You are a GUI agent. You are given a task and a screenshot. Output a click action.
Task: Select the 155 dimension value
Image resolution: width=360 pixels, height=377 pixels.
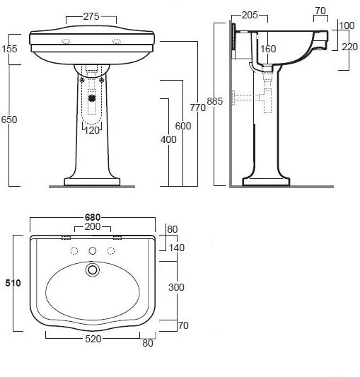(x=10, y=50)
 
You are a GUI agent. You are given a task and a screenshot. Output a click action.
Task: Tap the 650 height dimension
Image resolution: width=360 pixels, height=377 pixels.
(x=9, y=120)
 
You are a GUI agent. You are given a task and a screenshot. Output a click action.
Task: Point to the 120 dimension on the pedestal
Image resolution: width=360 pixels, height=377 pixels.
(x=92, y=130)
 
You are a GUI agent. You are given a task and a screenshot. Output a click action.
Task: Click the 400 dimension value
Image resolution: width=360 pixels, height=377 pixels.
(x=168, y=139)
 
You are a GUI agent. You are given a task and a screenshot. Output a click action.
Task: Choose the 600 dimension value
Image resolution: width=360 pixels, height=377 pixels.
(x=183, y=125)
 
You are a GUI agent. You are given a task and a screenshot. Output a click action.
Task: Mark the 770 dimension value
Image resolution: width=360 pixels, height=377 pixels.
(x=198, y=108)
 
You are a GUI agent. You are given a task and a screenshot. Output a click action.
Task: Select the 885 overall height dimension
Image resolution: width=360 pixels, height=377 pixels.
(x=216, y=101)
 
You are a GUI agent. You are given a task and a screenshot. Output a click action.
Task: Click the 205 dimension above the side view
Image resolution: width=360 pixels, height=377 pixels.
(x=249, y=14)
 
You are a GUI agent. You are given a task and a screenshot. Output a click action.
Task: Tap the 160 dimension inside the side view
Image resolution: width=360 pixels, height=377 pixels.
(x=267, y=50)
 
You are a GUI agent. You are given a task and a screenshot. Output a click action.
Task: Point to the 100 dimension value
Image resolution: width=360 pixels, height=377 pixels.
(x=347, y=26)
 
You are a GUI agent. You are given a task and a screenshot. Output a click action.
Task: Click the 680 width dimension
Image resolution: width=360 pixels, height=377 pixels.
(x=93, y=216)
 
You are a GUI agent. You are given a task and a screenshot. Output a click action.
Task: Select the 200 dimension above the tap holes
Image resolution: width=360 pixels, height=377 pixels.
(x=92, y=228)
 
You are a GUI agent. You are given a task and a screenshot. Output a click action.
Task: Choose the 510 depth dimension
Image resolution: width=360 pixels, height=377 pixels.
(x=13, y=282)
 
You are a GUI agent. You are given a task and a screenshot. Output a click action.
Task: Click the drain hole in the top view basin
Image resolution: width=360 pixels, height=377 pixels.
(x=91, y=269)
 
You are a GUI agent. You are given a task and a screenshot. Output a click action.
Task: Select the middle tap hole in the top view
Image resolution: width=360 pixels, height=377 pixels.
(x=92, y=251)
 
